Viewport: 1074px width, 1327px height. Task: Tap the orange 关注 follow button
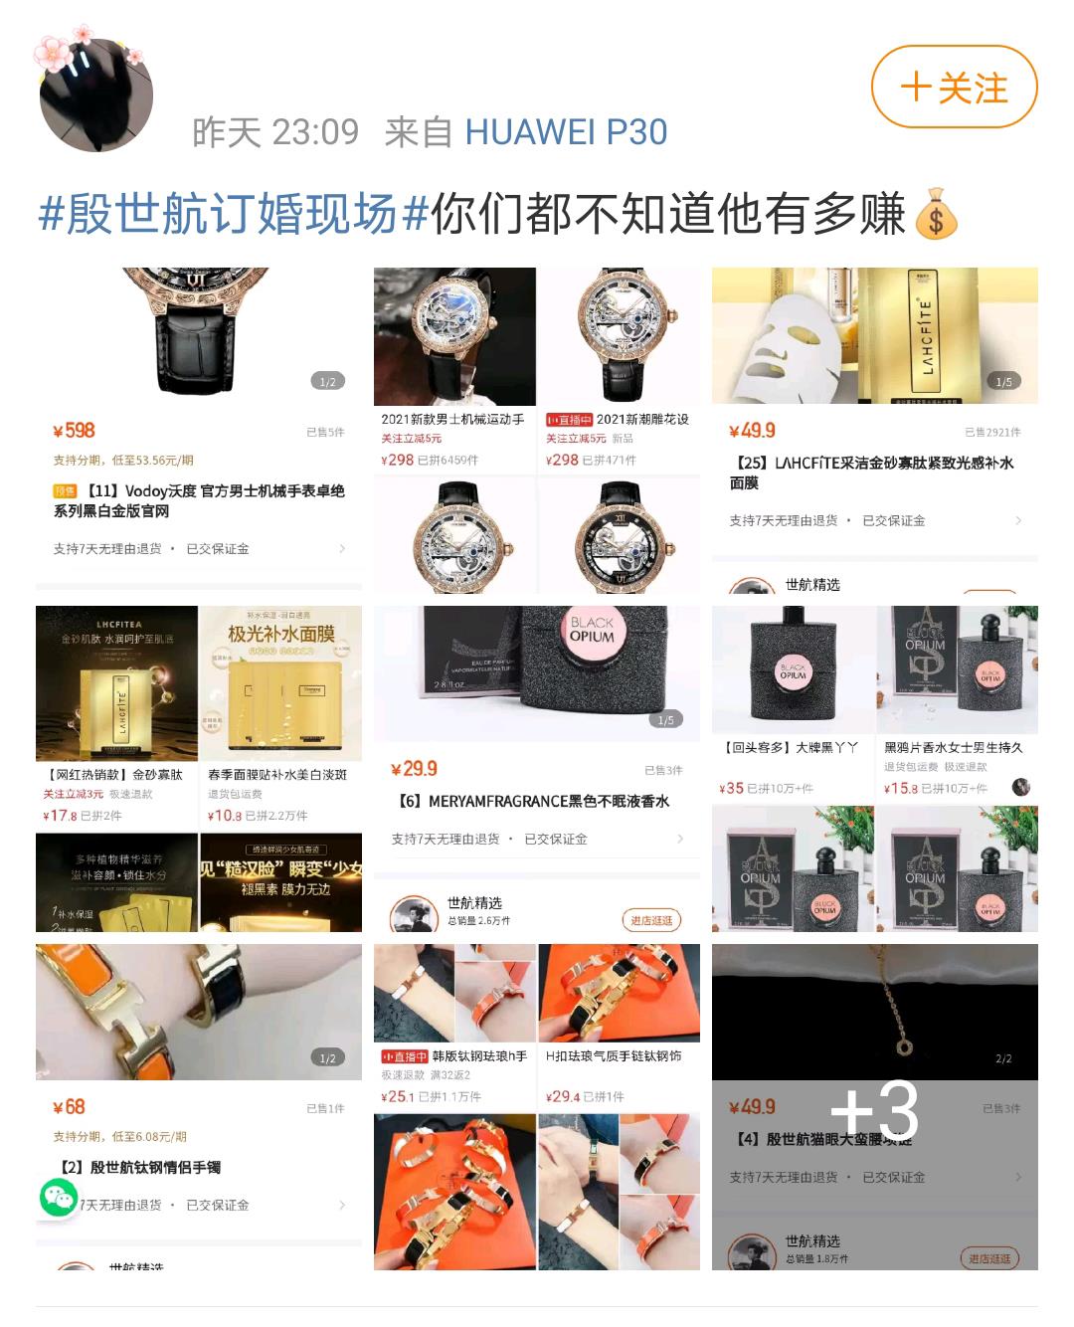click(x=954, y=88)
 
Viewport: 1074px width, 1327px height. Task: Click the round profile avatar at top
click(x=96, y=95)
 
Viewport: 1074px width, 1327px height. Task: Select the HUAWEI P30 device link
click(x=566, y=132)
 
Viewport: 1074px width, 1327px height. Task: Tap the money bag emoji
click(x=935, y=214)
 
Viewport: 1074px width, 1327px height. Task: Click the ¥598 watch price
click(x=75, y=431)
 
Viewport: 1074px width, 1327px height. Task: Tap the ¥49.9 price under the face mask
click(x=752, y=431)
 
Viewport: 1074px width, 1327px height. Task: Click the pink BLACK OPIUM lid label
click(x=592, y=631)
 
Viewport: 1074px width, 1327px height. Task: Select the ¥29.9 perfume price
click(x=414, y=769)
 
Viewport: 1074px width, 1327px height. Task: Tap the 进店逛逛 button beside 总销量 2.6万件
click(x=651, y=920)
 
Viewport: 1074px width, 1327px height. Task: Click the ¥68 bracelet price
click(x=70, y=1107)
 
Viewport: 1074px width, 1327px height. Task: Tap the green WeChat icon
click(x=58, y=1197)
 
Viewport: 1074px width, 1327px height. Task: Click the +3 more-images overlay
click(x=874, y=1110)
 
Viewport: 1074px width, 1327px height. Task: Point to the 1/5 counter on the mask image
click(x=1003, y=382)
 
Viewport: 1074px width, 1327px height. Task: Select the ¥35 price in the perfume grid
click(x=731, y=788)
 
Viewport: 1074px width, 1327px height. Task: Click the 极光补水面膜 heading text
click(x=281, y=635)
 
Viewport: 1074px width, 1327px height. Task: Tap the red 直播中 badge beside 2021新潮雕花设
click(x=570, y=420)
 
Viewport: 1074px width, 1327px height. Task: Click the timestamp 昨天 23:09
click(x=275, y=132)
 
